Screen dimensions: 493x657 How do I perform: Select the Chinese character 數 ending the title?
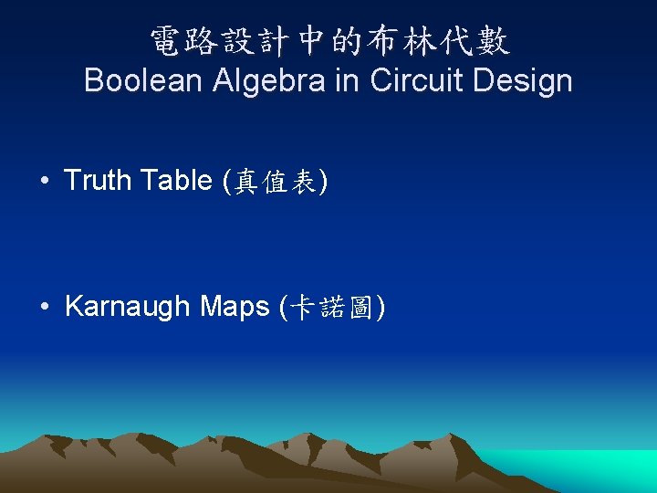[x=493, y=40]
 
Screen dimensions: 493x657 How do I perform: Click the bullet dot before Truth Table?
[x=44, y=181]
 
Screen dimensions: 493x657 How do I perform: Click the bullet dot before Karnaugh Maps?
[x=44, y=307]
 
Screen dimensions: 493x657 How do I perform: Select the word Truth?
[x=98, y=181]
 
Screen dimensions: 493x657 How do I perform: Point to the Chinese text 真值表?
[x=276, y=183]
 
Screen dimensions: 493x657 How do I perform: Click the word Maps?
[x=235, y=307]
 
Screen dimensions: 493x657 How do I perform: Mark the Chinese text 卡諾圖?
[x=330, y=309]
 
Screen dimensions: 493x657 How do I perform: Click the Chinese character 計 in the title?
[x=276, y=40]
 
